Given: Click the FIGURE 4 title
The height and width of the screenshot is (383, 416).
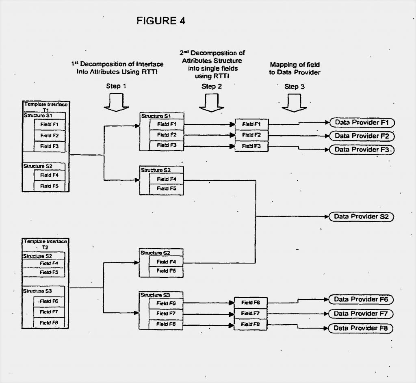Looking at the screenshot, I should point(161,21).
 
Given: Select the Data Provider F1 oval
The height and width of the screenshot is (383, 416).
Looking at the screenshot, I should point(362,122).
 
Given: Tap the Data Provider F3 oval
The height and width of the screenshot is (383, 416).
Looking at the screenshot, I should point(362,149).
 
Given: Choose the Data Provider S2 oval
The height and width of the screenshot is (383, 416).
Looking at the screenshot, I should point(361,216).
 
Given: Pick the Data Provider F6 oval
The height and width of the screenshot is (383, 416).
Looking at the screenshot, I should point(361,299).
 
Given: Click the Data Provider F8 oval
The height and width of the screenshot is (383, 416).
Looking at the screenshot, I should point(361,328).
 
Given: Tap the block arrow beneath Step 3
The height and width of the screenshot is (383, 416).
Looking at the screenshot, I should point(294,104).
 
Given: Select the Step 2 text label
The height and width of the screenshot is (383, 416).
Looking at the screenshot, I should point(212,86).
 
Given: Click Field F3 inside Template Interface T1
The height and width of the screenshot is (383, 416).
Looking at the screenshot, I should point(49,146).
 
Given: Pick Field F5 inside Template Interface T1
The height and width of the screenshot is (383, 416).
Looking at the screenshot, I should point(49,186).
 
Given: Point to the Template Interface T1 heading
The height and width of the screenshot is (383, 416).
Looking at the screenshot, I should point(45,107).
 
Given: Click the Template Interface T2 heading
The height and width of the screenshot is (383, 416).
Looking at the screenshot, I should point(45,244).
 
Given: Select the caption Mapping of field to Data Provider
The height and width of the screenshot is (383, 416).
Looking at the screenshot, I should point(295,68).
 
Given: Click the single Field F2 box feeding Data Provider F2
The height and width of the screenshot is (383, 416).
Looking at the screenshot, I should point(251,135).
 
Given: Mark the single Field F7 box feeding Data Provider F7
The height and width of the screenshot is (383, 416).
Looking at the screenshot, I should point(250,314).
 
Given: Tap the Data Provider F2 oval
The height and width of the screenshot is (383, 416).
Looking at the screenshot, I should point(362,136).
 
